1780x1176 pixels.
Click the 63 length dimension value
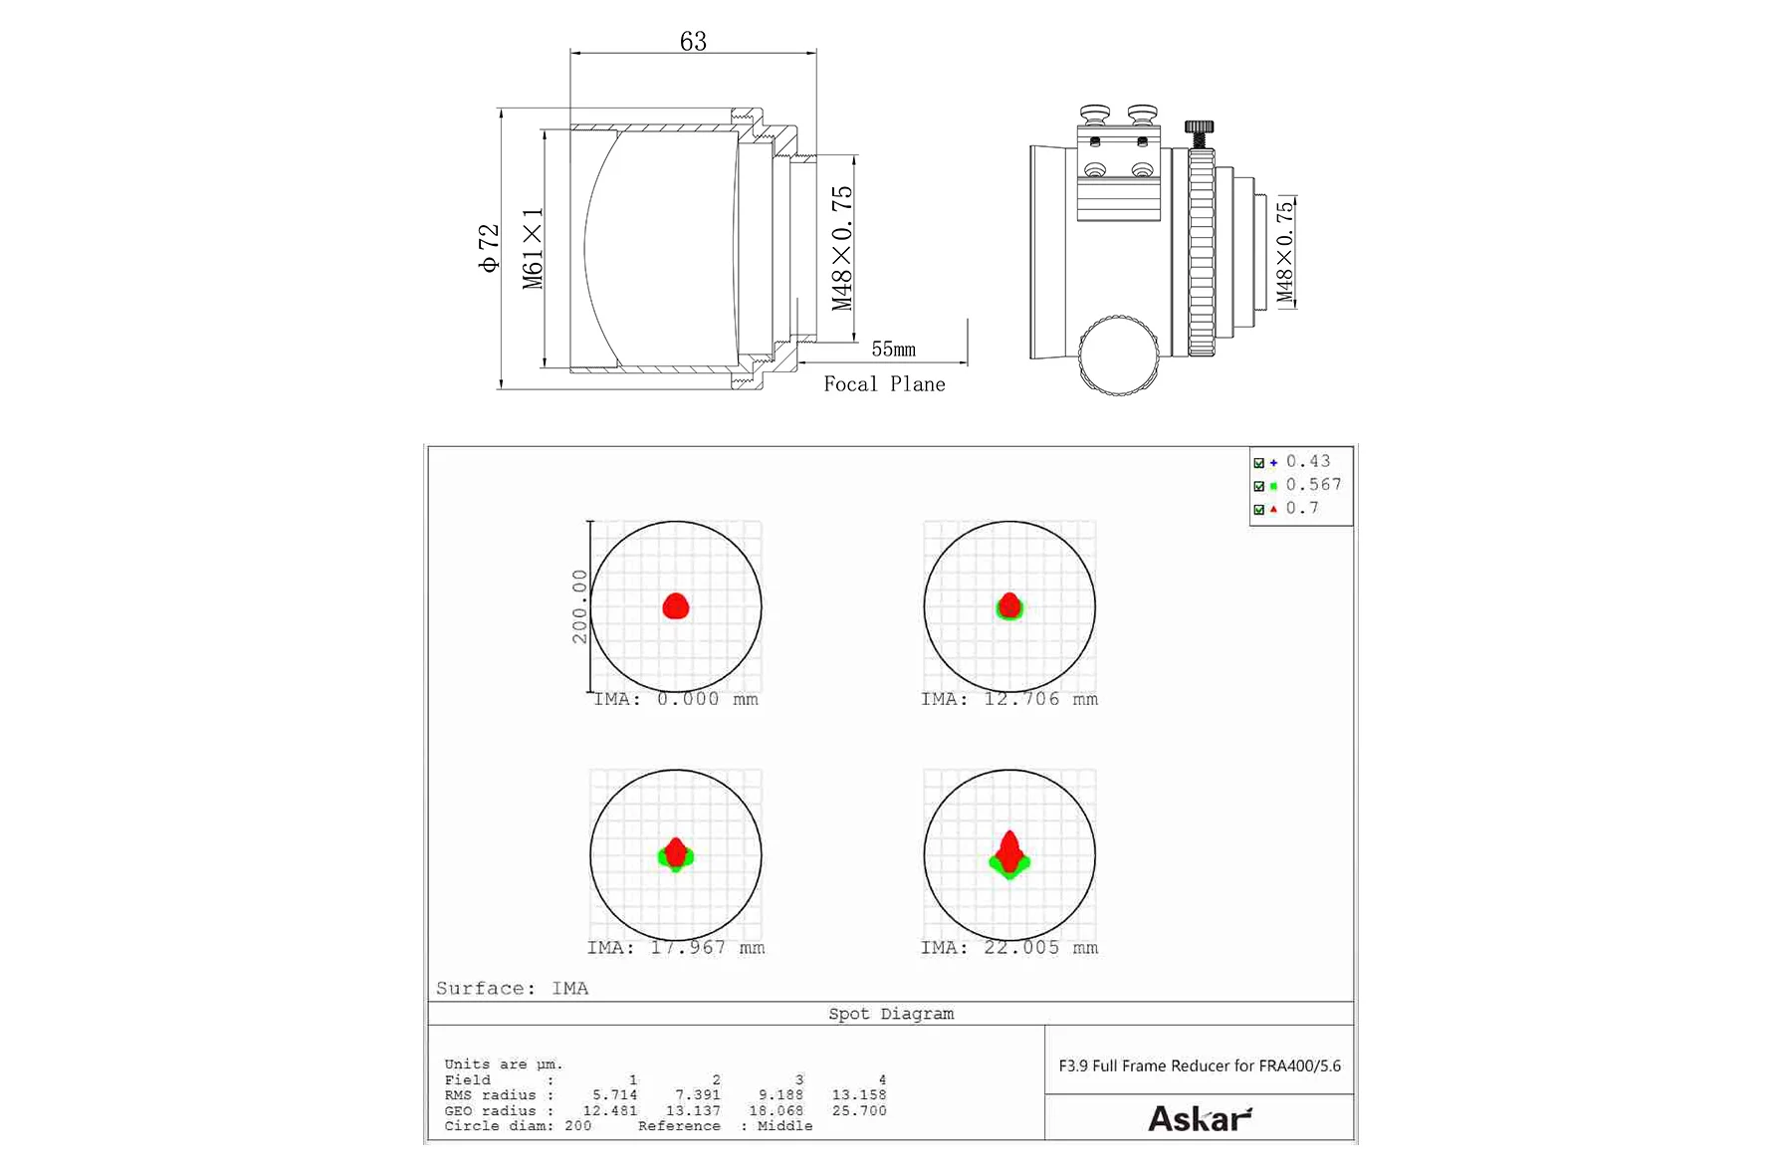693,41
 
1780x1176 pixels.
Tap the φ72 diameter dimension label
488,248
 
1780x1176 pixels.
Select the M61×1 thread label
533,248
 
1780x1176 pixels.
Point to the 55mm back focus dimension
893,350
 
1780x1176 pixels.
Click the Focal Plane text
884,384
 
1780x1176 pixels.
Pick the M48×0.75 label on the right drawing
1285,251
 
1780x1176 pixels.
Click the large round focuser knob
1118,355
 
